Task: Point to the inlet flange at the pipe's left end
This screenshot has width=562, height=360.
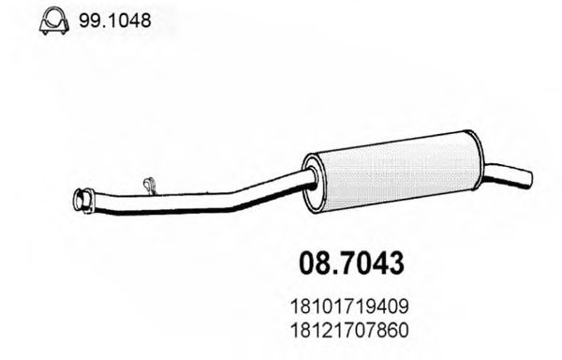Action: (x=82, y=200)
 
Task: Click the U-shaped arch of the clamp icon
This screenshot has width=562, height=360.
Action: (x=52, y=15)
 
